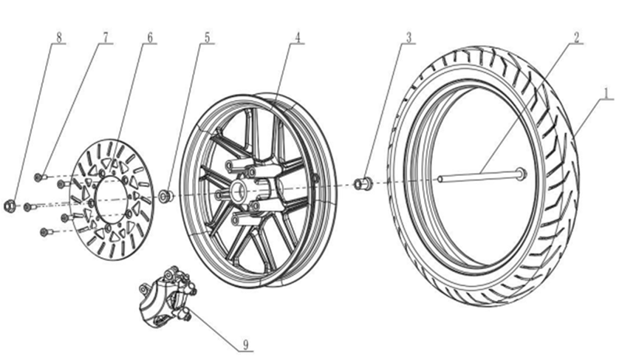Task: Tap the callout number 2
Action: (x=576, y=37)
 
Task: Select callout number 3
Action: (x=409, y=37)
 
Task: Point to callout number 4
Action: (x=298, y=37)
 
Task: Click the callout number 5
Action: (x=207, y=37)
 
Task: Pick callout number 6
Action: (x=149, y=37)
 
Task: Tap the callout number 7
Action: (x=105, y=37)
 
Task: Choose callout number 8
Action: (x=59, y=38)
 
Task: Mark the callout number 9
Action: (x=246, y=345)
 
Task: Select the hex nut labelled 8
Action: (x=9, y=206)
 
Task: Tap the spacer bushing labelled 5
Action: (x=165, y=196)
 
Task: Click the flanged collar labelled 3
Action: (x=362, y=183)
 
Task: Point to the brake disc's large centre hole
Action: (x=113, y=198)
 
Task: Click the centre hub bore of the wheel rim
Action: (x=238, y=191)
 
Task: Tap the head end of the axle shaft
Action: (x=521, y=174)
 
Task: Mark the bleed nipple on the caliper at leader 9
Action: (x=186, y=316)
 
